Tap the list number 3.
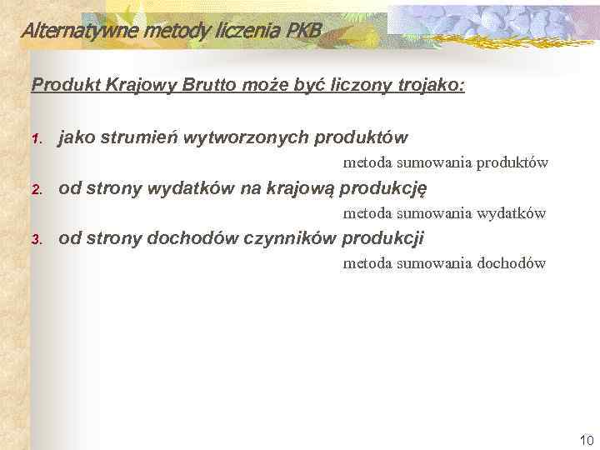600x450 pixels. coord(36,240)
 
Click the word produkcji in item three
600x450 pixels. coord(383,239)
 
